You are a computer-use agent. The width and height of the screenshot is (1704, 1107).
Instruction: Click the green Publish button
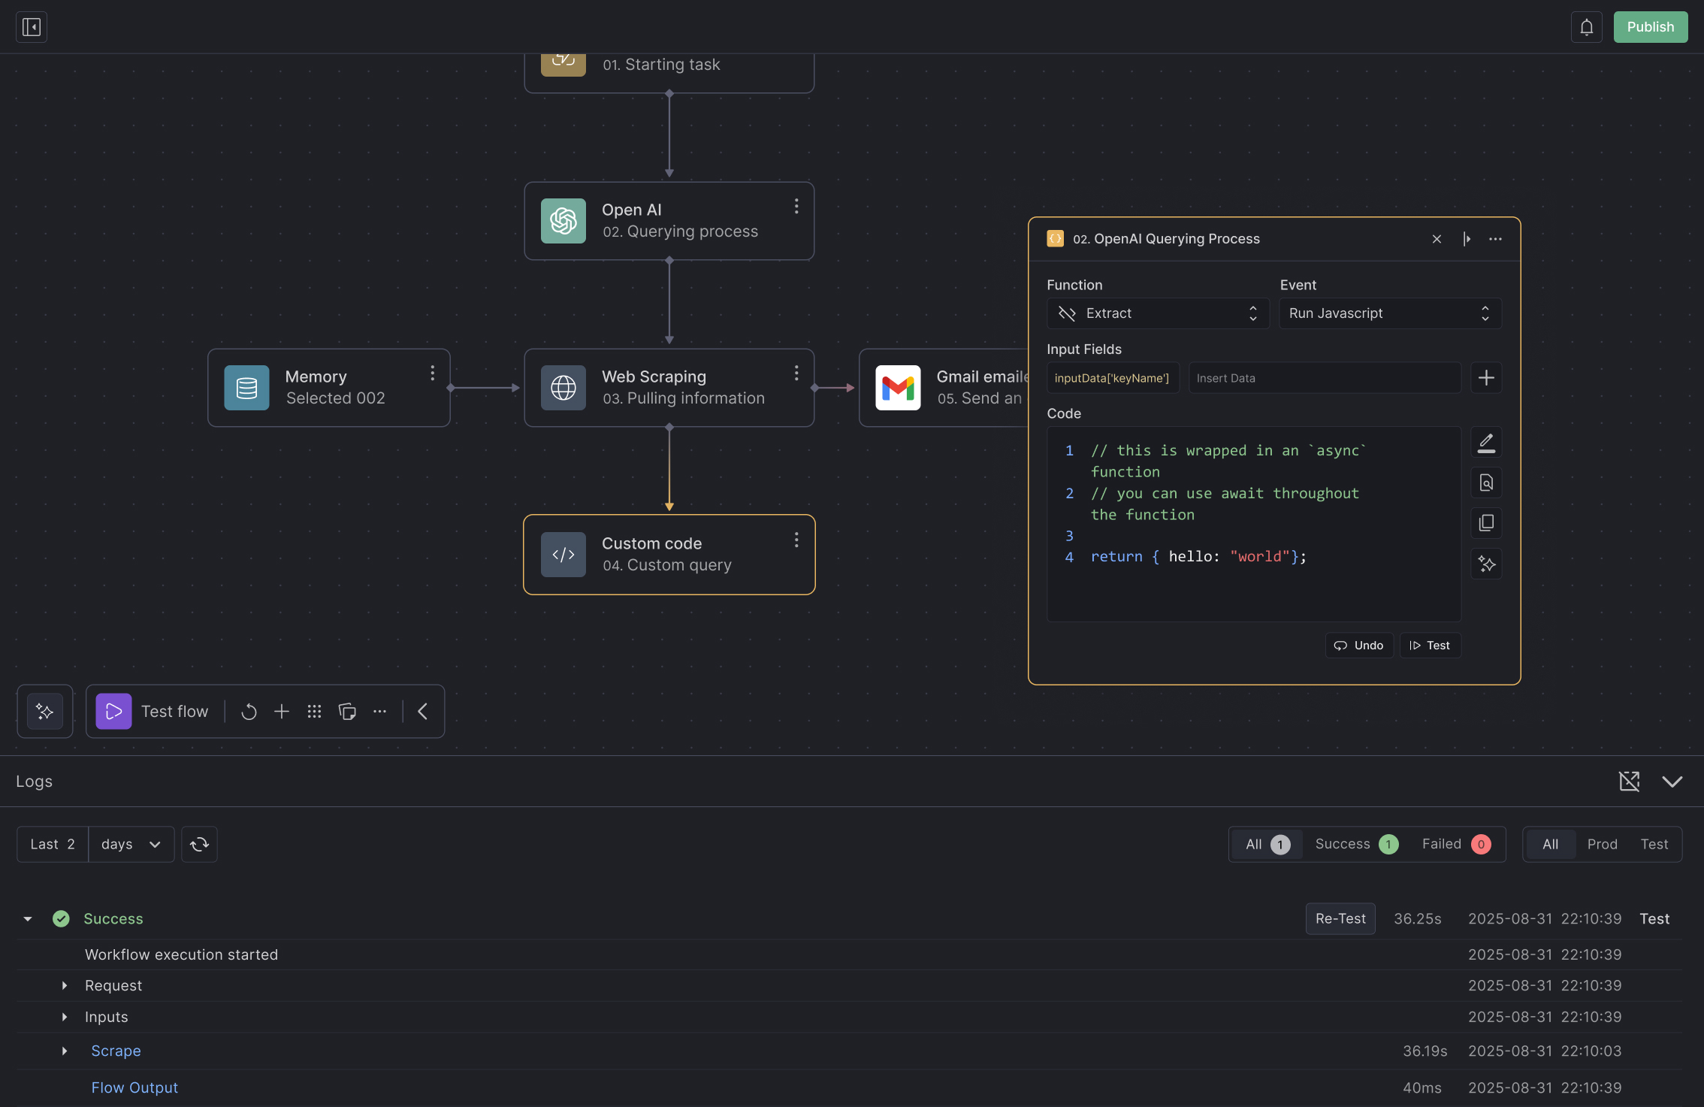point(1650,27)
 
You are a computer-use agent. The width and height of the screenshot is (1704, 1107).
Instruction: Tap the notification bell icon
point(1586,27)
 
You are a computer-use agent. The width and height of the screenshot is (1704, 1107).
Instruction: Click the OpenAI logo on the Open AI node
point(563,221)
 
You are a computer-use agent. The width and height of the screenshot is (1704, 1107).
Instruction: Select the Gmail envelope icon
point(898,388)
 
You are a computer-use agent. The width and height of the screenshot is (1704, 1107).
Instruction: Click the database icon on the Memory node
point(246,388)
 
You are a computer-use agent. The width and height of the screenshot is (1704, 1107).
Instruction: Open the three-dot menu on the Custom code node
point(796,540)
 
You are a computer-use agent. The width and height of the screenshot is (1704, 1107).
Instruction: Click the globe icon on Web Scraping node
point(563,388)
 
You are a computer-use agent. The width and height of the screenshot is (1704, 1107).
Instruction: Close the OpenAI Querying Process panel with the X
point(1437,239)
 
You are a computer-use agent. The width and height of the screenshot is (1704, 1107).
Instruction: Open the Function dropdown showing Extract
point(1158,313)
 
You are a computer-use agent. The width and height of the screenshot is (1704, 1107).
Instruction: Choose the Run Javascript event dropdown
point(1390,313)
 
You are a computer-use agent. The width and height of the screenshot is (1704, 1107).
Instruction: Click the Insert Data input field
point(1325,378)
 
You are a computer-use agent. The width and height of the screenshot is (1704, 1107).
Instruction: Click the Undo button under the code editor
point(1359,646)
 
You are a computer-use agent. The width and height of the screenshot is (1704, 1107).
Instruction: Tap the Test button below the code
point(1430,646)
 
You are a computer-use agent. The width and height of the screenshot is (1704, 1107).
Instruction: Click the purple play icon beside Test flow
point(113,712)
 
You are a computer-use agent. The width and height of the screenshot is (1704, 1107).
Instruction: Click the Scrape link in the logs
point(116,1051)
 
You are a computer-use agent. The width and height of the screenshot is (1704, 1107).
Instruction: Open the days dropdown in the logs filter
point(131,844)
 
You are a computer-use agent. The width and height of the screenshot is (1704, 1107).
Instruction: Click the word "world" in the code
point(1259,557)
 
